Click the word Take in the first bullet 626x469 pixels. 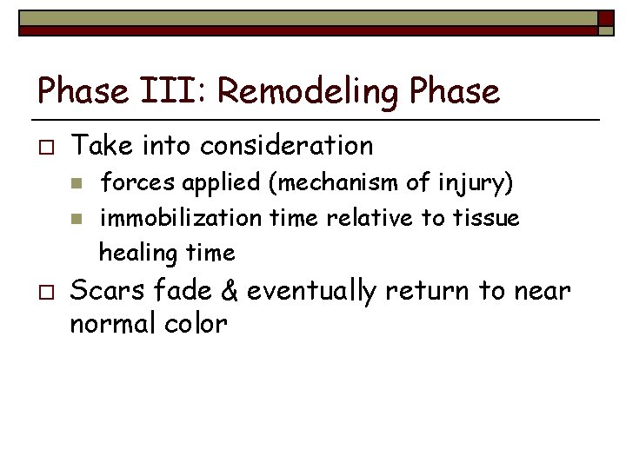click(97, 145)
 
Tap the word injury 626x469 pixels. click(481, 183)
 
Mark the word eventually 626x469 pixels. click(310, 292)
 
